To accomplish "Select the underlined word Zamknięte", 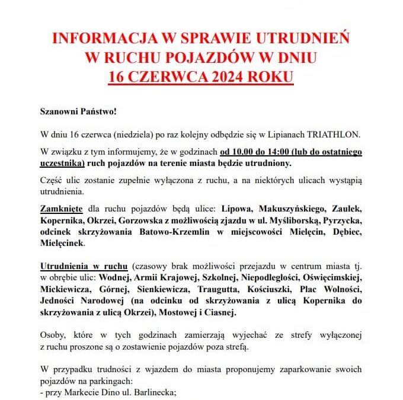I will click(61, 209).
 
